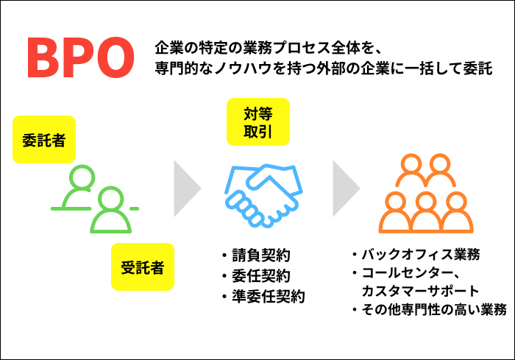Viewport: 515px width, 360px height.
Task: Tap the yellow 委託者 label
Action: click(44, 139)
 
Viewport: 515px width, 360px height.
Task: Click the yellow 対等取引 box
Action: click(258, 122)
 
